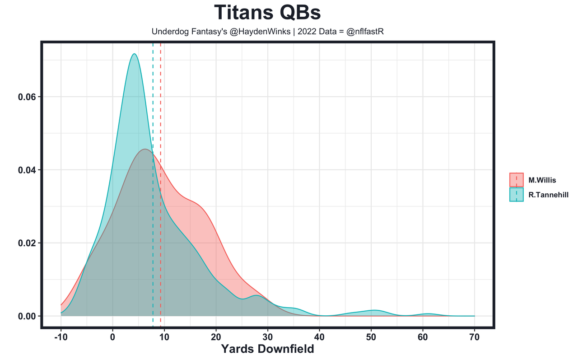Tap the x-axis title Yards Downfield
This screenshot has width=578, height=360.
(267, 349)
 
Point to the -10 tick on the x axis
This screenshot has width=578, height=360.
(61, 337)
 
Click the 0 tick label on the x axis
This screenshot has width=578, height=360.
(112, 337)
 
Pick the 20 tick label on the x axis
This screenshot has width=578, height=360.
(216, 337)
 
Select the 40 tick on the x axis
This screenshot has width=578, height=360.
(319, 337)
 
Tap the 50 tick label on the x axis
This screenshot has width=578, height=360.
(371, 337)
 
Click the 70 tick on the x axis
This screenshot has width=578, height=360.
(475, 337)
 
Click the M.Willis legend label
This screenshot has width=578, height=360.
(542, 180)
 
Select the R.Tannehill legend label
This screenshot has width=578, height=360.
(548, 195)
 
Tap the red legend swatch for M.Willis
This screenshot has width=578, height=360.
(516, 180)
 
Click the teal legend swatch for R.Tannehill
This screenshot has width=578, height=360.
(516, 195)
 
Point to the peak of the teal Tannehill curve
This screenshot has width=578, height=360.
(134, 54)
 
